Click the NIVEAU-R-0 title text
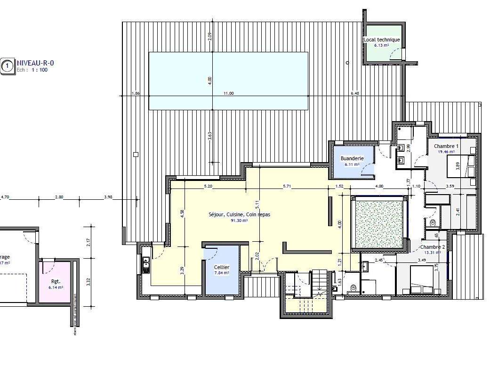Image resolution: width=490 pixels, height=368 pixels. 32,62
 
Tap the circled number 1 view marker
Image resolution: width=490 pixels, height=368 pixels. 7,66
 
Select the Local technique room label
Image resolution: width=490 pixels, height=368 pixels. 382,40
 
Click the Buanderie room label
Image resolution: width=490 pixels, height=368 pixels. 352,159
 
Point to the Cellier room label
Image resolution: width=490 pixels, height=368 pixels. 221,267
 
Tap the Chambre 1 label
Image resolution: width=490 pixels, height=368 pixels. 446,146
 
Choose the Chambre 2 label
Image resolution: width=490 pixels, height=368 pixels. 432,247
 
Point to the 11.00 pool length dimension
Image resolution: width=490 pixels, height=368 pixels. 228,93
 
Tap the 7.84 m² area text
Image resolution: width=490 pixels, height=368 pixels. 221,273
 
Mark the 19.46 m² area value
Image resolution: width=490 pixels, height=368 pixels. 446,152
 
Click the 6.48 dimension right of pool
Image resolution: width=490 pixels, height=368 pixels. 354,93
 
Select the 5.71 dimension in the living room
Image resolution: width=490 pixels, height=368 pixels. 287,187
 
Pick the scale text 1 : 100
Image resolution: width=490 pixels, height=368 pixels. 40,70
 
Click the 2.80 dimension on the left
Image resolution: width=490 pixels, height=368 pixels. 59,197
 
